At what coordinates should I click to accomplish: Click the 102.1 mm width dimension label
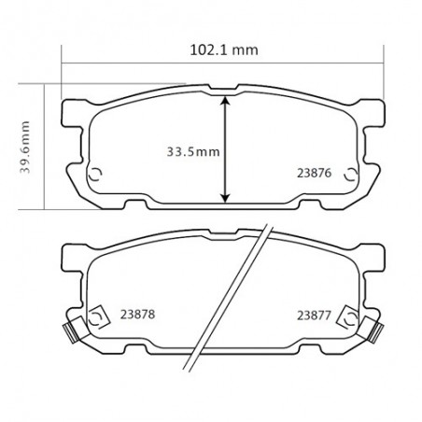tap(219, 50)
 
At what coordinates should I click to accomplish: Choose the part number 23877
tap(314, 314)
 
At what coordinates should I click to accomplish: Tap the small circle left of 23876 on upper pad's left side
tap(94, 174)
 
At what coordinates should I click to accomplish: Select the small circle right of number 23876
tap(351, 174)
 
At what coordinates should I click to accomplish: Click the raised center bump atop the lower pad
tap(224, 240)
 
